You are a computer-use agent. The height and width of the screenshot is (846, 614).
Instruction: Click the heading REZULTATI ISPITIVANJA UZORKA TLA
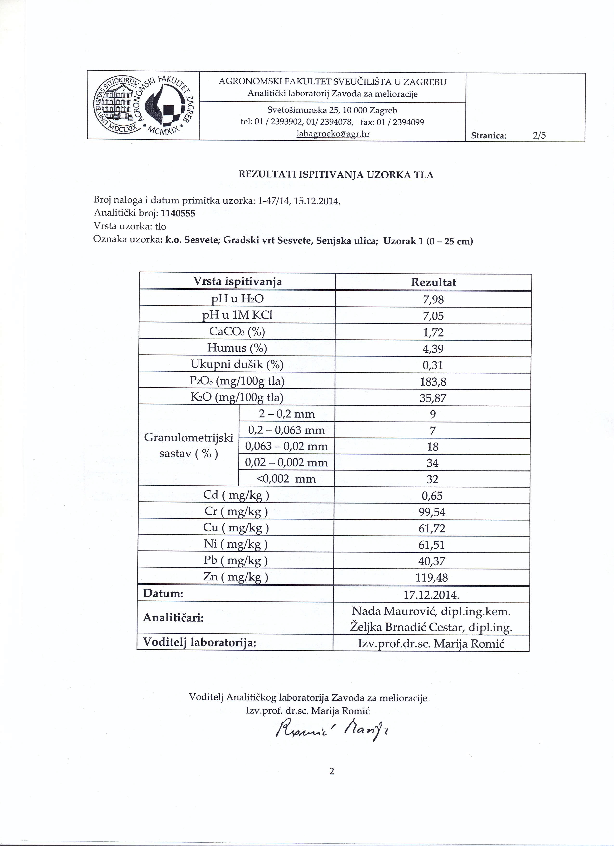[x=336, y=175]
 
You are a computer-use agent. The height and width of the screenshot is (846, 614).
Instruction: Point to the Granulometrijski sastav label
[x=189, y=445]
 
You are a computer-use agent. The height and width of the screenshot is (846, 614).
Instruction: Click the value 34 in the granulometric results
[x=432, y=463]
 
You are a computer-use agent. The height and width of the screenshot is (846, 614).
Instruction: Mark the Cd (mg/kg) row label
[x=236, y=495]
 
